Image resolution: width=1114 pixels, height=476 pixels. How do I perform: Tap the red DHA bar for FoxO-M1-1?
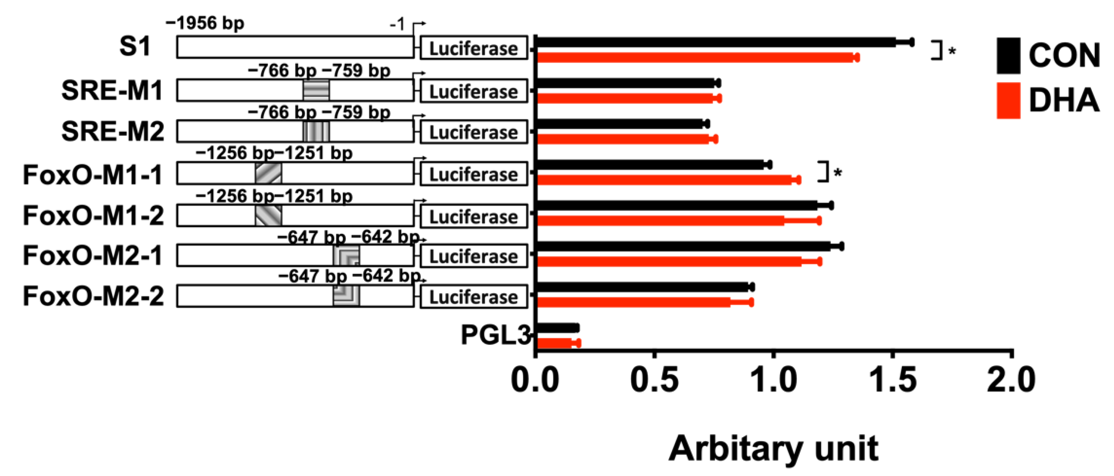(x=664, y=180)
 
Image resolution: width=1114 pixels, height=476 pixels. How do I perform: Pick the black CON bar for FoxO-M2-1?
(x=683, y=246)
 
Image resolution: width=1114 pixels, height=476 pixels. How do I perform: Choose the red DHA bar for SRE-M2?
(x=623, y=139)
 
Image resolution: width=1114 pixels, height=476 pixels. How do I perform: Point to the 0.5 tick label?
(x=654, y=380)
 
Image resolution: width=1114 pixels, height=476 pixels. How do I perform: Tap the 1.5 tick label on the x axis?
(x=893, y=380)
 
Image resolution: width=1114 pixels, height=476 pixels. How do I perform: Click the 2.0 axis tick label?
(x=1011, y=380)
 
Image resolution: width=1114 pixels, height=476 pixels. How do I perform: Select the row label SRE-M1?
(x=112, y=91)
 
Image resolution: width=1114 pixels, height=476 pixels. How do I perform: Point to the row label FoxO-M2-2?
(x=93, y=297)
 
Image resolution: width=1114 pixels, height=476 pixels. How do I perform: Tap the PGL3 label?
(x=496, y=335)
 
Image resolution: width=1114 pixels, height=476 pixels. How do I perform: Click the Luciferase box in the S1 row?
(x=473, y=48)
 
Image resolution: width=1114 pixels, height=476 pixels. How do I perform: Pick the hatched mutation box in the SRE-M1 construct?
(x=316, y=90)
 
